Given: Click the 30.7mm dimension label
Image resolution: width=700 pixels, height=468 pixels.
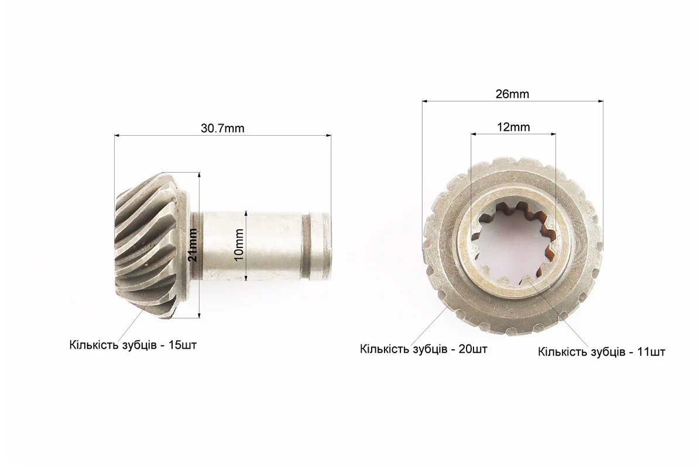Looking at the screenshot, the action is (222, 129).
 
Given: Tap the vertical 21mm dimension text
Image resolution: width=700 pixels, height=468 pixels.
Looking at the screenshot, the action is (193, 245).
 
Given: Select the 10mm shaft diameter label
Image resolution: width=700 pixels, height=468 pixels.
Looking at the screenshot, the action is (239, 245).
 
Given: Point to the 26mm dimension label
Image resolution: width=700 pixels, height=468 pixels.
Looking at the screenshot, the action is (512, 94).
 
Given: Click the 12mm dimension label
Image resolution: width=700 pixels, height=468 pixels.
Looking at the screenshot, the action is (513, 127).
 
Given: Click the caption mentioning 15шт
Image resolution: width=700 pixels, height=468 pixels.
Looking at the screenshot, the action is (133, 345).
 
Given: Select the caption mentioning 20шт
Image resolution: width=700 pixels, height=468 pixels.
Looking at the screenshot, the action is (424, 349).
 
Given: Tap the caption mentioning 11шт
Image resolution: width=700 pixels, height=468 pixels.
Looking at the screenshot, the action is (601, 352).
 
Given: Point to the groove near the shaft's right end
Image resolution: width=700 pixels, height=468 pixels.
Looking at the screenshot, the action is (306, 247).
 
